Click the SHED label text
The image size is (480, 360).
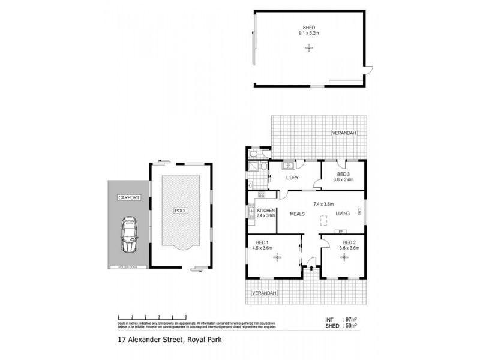point(310,26)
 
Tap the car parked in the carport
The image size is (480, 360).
point(128,235)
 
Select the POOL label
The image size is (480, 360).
point(181,211)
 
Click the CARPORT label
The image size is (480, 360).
point(128,197)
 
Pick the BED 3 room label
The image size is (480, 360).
point(343,173)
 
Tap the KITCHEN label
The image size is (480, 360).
point(266,211)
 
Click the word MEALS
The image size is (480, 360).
point(299,213)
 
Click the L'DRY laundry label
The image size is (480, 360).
point(292,178)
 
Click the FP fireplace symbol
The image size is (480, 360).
point(341,230)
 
